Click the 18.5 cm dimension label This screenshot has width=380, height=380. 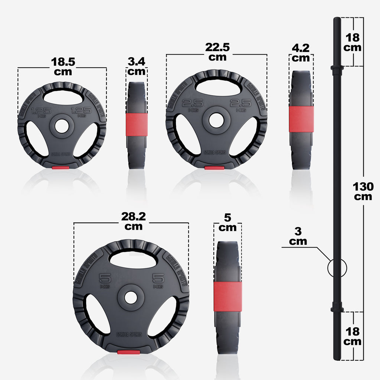point(63,66)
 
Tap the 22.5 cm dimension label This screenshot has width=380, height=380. point(217,52)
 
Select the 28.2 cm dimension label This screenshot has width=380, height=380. point(131,221)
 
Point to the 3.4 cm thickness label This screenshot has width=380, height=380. point(136,66)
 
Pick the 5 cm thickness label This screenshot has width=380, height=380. point(227,222)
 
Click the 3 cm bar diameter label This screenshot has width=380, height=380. point(298,236)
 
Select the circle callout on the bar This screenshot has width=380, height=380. point(337,267)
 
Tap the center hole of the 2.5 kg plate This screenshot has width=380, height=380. point(216,120)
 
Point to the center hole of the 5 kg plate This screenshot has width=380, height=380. point(131,297)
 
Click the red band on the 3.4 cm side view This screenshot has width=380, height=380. point(137,124)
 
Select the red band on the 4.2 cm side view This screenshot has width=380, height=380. point(301,119)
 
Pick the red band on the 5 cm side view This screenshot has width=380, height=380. point(227,297)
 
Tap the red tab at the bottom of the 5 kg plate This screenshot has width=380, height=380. point(128,352)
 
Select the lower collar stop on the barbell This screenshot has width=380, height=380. point(337,308)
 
